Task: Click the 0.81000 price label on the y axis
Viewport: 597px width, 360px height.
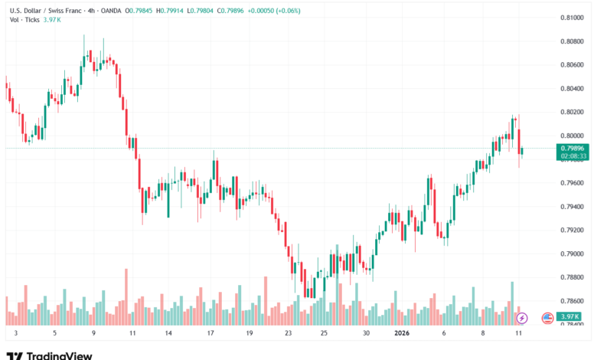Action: pyautogui.click(x=572, y=17)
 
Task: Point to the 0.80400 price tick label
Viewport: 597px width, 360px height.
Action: pyautogui.click(x=572, y=88)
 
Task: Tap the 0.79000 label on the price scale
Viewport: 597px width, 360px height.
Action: pyautogui.click(x=572, y=254)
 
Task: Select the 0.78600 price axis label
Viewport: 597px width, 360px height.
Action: pyautogui.click(x=572, y=301)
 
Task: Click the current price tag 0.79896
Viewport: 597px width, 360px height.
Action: pyautogui.click(x=573, y=148)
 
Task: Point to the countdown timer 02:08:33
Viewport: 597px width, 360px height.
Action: pyautogui.click(x=573, y=155)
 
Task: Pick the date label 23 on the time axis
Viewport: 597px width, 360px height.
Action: pyautogui.click(x=288, y=334)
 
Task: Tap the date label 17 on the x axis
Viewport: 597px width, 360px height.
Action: pyautogui.click(x=210, y=334)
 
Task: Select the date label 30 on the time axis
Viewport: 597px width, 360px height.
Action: pyautogui.click(x=367, y=334)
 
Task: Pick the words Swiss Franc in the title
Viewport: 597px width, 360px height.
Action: pyautogui.click(x=64, y=10)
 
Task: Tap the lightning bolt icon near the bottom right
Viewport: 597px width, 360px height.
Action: pyautogui.click(x=522, y=317)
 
